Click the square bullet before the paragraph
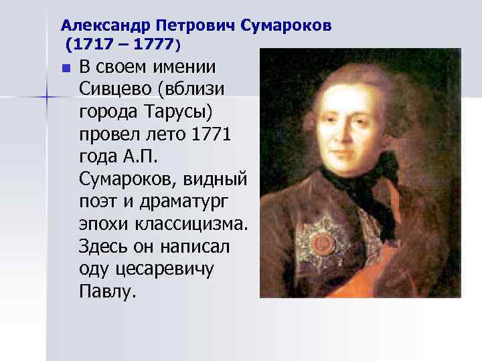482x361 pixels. click(x=65, y=68)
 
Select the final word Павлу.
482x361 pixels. click(x=107, y=292)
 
